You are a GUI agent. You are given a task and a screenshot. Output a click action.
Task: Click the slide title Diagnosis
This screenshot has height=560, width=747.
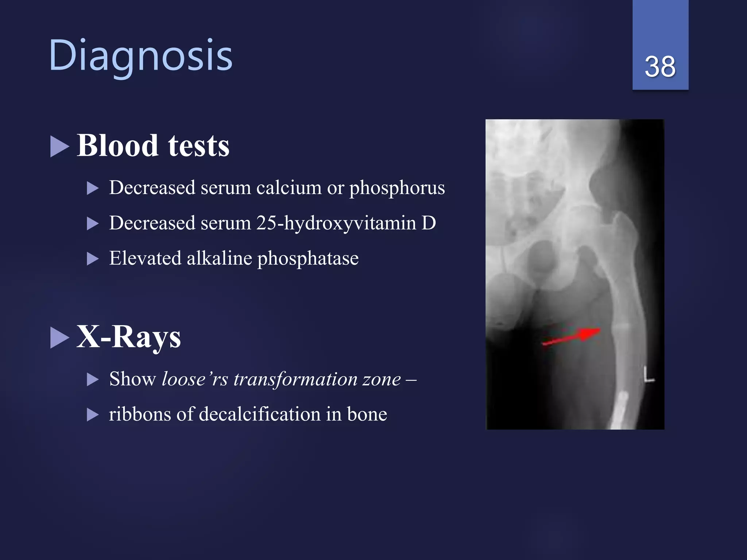pos(140,55)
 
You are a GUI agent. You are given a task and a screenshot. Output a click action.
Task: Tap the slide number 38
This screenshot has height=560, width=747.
pos(660,67)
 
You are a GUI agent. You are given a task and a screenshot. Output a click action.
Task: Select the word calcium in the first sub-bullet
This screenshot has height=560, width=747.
pos(289,188)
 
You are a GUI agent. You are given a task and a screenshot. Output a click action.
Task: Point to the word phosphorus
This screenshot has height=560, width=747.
pos(397,188)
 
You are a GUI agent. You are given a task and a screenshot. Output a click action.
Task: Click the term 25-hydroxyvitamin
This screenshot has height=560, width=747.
pos(336,223)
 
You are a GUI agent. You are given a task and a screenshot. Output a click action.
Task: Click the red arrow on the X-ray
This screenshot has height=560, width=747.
pos(572,337)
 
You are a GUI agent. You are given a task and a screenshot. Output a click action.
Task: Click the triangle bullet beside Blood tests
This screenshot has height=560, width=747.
pos(59,147)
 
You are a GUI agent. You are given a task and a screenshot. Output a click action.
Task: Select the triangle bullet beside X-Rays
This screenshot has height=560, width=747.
pos(59,338)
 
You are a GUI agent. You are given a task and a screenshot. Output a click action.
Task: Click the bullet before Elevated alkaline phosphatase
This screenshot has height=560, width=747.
pos(93,259)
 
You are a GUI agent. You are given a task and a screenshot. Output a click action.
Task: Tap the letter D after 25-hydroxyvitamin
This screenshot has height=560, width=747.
pos(429,223)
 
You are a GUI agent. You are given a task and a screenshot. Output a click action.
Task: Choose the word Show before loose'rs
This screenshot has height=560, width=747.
pos(132,379)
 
